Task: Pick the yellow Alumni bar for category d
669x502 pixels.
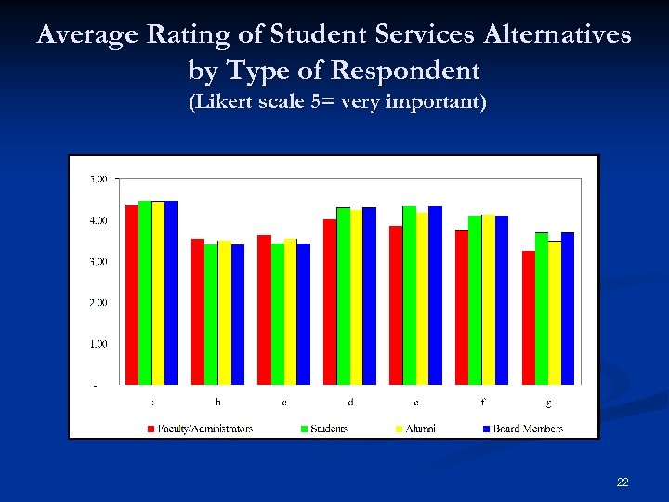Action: coord(357,297)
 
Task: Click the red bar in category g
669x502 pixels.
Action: coord(528,318)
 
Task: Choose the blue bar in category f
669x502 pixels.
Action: coord(502,300)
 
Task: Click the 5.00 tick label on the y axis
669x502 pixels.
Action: coord(98,178)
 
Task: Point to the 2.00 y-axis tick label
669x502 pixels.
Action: coord(98,302)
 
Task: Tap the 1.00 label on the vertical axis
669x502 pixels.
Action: coord(98,344)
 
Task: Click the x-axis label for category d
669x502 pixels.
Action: coord(350,403)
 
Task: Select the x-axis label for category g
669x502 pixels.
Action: coord(548,403)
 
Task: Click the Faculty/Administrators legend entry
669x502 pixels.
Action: coord(199,429)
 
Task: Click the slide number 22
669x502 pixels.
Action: coord(623,482)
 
